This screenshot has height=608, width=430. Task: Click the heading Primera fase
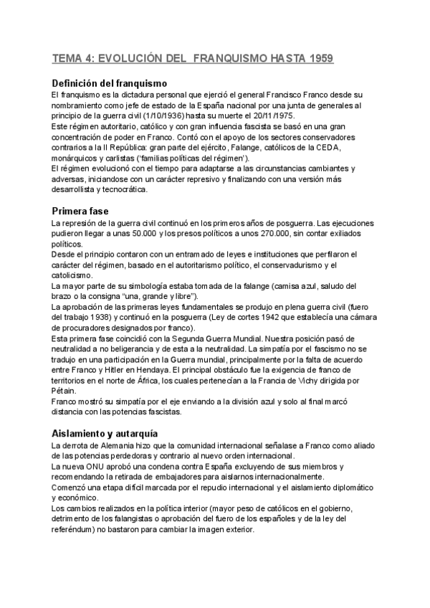pyautogui.click(x=80, y=212)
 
